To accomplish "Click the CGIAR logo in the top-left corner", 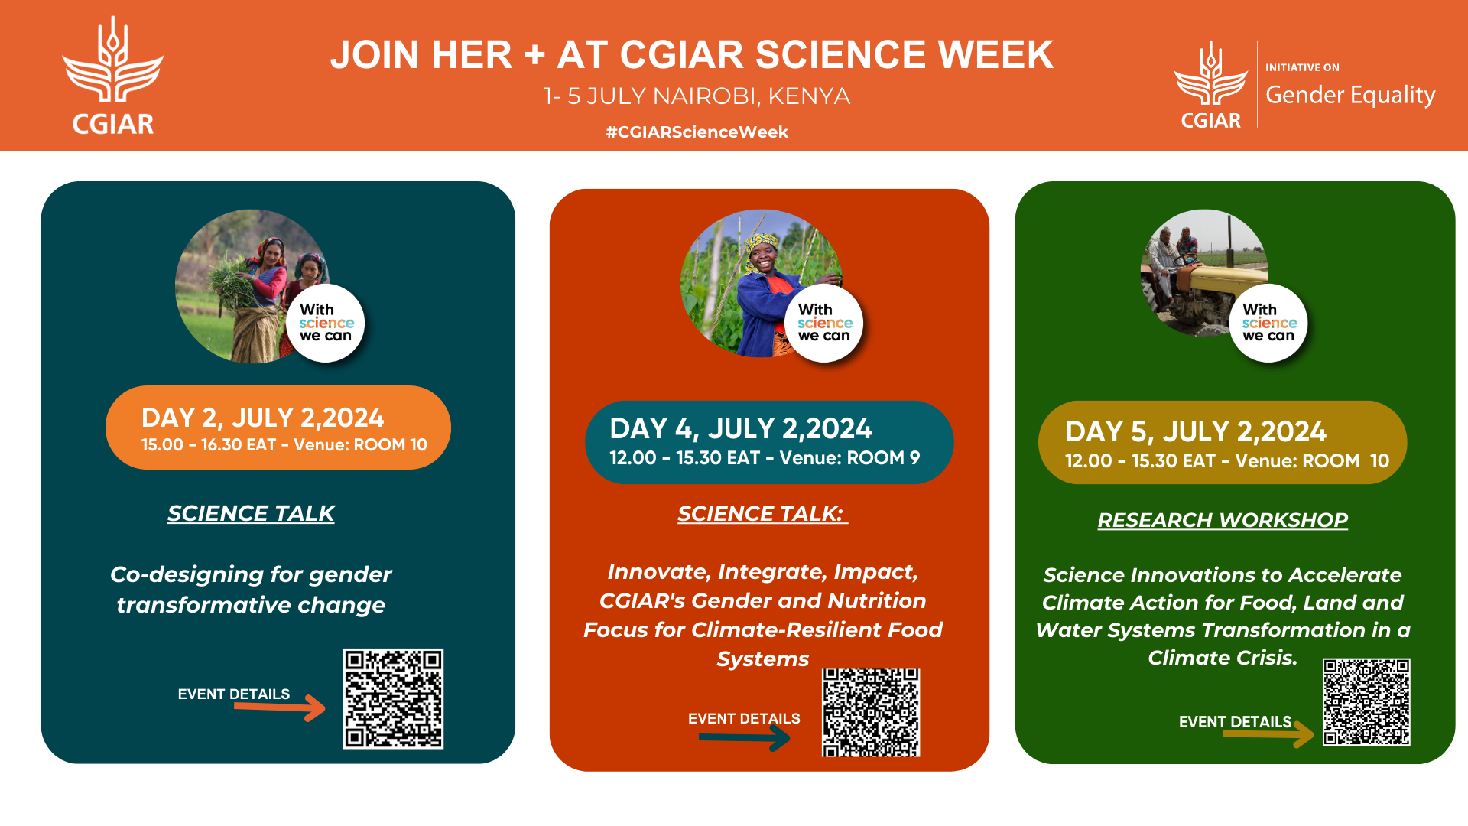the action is tap(113, 76).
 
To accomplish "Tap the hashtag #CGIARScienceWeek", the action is tap(697, 132).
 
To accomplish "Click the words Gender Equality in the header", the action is tap(1350, 96).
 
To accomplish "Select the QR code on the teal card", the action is tap(393, 698).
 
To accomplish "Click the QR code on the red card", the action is tap(871, 713).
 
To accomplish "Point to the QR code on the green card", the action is tap(1366, 702).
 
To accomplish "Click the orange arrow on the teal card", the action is tap(280, 707).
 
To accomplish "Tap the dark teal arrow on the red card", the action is tap(745, 737).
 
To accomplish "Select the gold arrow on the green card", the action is tap(1268, 734).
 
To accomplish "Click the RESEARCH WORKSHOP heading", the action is tap(1223, 520).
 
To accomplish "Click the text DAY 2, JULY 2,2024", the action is tap(262, 418).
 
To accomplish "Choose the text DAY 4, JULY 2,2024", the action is tap(740, 428).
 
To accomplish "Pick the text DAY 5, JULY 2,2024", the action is tap(1196, 432).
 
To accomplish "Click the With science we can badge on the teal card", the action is tap(326, 323).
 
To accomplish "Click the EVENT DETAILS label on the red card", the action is tap(744, 719).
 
